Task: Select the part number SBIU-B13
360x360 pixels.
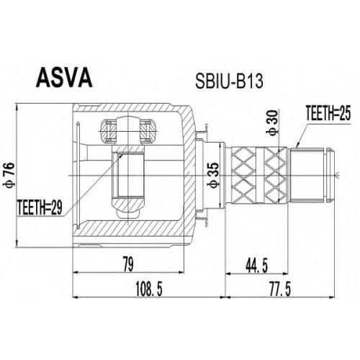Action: [229, 81]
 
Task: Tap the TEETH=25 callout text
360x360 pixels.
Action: [328, 113]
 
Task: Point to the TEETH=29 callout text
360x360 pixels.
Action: [40, 207]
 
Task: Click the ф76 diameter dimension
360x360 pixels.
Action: [9, 174]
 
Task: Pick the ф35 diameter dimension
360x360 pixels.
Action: [213, 175]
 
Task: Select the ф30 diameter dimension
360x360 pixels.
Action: [273, 123]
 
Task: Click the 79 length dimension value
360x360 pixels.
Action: [128, 264]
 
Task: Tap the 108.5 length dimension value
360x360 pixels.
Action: [149, 289]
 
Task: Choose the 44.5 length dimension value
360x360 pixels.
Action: [257, 266]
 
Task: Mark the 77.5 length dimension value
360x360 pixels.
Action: [280, 289]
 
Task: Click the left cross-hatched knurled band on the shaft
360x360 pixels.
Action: [243, 176]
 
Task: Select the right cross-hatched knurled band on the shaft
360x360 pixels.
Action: [275, 176]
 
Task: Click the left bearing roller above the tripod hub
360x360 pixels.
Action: [108, 131]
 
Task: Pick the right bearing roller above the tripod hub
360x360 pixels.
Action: [148, 131]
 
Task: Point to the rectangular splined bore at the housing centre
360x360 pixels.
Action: [128, 174]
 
